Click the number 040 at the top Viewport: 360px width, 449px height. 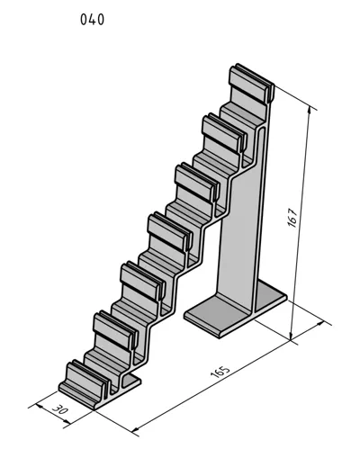click(92, 20)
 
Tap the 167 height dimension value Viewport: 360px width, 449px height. click(292, 217)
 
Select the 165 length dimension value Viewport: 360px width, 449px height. click(220, 372)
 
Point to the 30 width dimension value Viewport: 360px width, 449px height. click(60, 409)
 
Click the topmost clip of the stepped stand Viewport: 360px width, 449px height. click(251, 83)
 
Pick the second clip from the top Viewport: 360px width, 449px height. click(224, 132)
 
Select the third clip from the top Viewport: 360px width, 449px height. click(197, 182)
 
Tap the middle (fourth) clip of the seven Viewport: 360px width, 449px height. click(170, 231)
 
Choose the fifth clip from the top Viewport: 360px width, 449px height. click(143, 281)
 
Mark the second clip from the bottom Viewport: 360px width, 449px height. click(116, 330)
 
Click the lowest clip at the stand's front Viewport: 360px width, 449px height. click(84, 381)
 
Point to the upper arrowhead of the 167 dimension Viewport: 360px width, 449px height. click(310, 112)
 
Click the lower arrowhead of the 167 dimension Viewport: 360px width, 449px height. click(291, 337)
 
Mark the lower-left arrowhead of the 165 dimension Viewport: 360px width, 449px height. click(136, 428)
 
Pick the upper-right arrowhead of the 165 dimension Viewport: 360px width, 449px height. click(320, 323)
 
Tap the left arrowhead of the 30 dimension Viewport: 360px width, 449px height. click(40, 407)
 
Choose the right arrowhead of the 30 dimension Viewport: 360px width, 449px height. click(67, 422)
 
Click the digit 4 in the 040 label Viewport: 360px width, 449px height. click(92, 20)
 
